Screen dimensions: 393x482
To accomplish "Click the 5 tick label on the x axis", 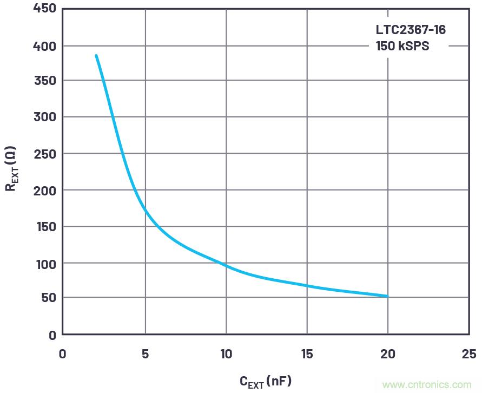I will [x=145, y=354].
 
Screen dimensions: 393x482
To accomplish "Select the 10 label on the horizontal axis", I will [x=226, y=354].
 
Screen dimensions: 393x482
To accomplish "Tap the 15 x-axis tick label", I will [x=307, y=354].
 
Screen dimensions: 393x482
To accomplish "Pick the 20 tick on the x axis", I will [x=388, y=354].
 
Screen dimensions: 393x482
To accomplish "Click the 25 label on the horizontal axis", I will [x=469, y=354].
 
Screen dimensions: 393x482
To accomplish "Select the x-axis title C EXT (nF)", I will [x=265, y=382].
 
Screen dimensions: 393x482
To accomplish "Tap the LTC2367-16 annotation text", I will [x=411, y=30].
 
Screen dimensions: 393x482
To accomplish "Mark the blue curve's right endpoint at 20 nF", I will [x=388, y=296].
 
